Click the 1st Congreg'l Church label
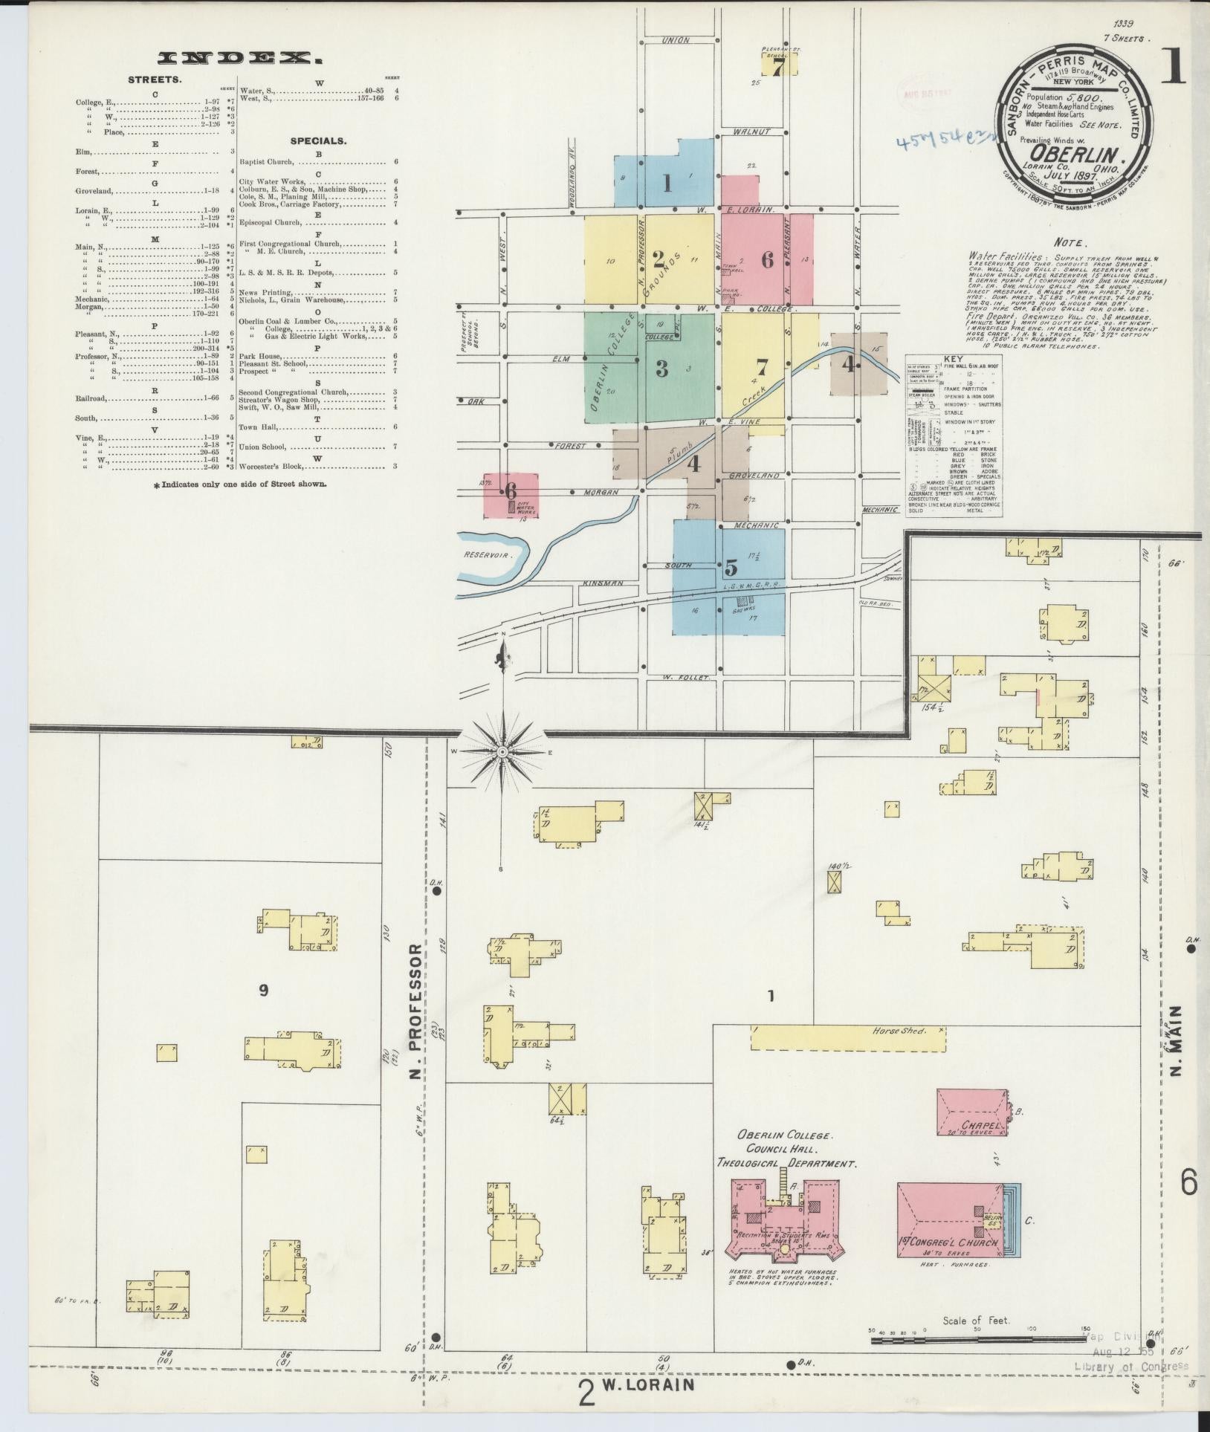pos(946,1243)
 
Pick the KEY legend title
pos(953,358)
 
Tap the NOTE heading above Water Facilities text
pos(1070,243)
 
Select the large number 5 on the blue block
pos(731,567)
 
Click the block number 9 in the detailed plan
pos(263,990)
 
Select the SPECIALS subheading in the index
pos(318,140)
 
